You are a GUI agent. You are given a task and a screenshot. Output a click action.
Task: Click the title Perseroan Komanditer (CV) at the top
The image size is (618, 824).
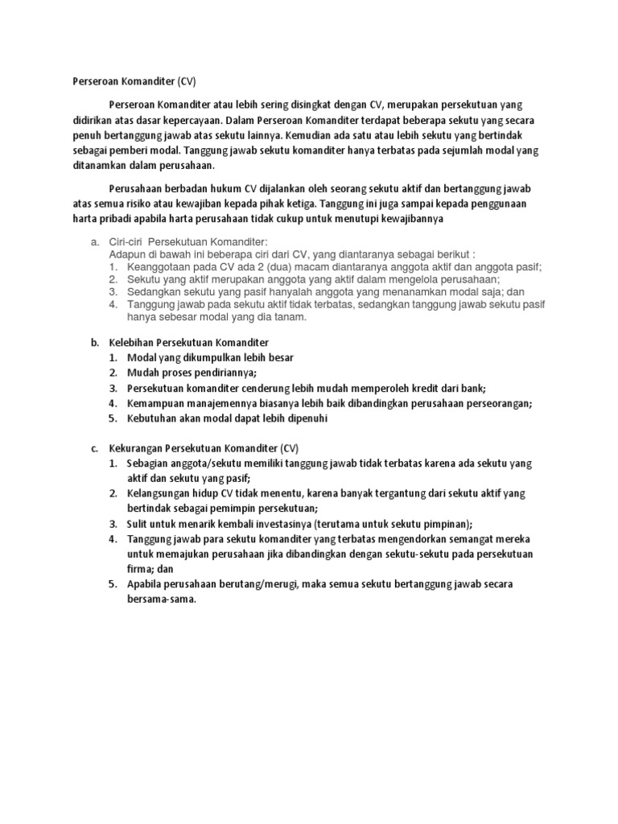(x=129, y=82)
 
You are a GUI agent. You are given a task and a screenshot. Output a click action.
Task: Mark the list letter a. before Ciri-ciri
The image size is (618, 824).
(x=93, y=243)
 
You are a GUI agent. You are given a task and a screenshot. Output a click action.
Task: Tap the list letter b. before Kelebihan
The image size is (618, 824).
(x=93, y=342)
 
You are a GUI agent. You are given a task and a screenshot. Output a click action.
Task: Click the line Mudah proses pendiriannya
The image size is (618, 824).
(x=192, y=373)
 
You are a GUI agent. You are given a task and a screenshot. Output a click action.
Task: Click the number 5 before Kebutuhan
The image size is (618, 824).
(x=113, y=418)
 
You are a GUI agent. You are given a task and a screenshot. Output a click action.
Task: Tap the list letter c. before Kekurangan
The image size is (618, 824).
(x=93, y=449)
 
